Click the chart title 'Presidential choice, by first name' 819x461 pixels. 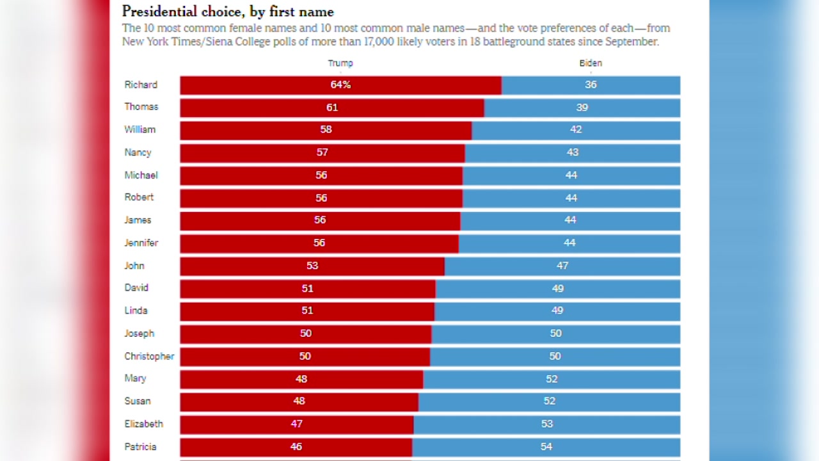[228, 12]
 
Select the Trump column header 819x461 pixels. [340, 63]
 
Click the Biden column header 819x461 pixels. [591, 63]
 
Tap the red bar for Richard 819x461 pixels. [269, 85]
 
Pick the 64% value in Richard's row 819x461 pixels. [340, 85]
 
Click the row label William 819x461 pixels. [140, 129]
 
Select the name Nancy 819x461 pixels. [138, 152]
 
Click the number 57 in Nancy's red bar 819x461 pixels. [322, 152]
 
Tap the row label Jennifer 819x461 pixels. [141, 243]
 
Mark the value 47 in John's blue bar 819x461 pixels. [562, 266]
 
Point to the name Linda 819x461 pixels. [136, 311]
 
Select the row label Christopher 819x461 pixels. [149, 356]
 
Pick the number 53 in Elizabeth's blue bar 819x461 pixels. [546, 424]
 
